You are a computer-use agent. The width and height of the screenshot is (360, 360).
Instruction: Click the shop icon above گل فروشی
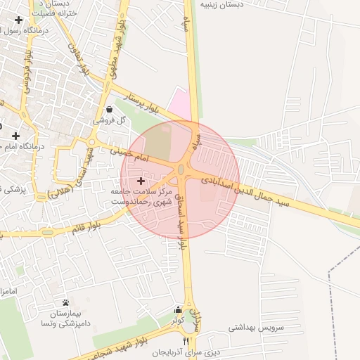tap(110, 110)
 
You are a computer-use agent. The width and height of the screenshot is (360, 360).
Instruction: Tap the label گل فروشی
tap(111, 121)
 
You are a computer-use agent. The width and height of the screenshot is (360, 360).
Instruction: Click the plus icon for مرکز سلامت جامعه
tap(141, 181)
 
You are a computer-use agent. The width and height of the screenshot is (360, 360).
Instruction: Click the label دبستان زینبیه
tap(222, 4)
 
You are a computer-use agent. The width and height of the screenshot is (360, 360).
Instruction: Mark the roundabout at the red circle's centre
tap(181, 169)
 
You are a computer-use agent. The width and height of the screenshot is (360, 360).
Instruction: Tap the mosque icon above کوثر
tap(178, 309)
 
